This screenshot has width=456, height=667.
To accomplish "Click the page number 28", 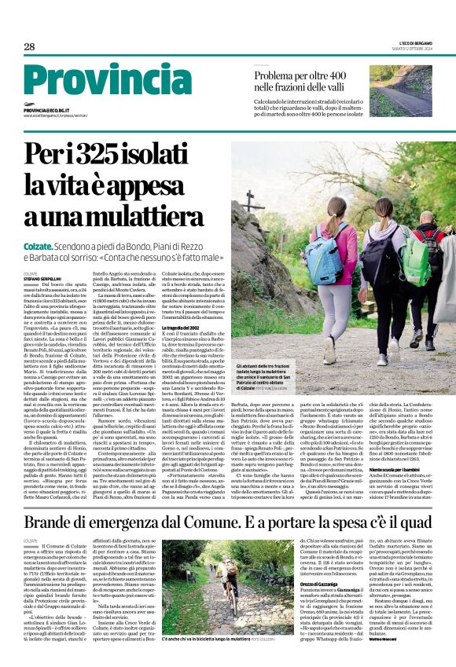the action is coord(29,46).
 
